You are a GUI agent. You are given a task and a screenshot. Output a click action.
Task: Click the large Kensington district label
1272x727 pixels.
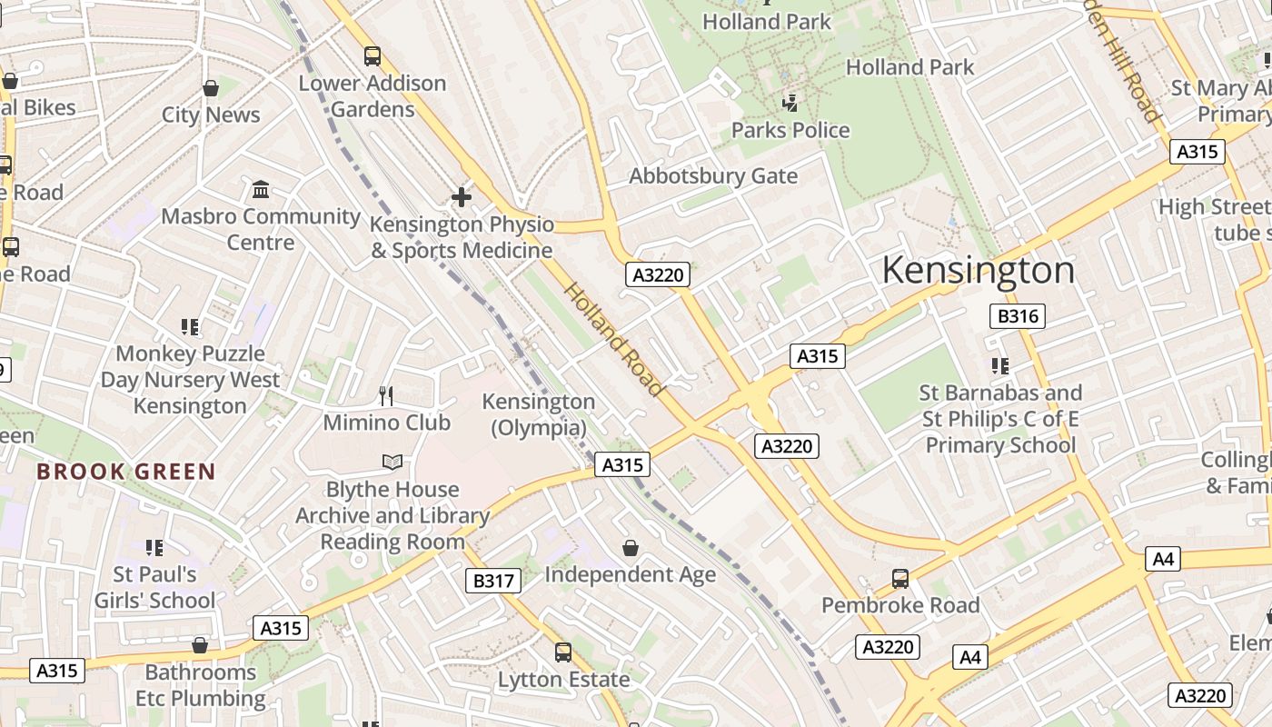[x=978, y=271]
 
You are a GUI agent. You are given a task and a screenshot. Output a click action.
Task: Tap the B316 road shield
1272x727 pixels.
[x=1017, y=316]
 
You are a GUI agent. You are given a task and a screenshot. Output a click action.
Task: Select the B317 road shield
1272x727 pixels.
[x=493, y=581]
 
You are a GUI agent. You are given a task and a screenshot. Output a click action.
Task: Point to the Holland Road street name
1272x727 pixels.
[x=613, y=339]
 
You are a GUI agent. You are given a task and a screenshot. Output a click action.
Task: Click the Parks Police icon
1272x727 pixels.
[x=790, y=104]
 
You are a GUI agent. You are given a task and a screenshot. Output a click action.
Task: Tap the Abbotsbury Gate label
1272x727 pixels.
[x=713, y=175]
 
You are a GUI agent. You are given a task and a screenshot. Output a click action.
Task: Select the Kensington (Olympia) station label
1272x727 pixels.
[x=538, y=413]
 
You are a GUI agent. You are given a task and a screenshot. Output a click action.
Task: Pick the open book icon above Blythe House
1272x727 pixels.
[x=393, y=463]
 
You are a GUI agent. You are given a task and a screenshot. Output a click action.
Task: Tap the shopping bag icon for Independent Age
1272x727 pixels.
[x=631, y=548]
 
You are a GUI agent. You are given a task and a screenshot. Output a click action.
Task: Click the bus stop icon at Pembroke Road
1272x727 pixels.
[x=899, y=579]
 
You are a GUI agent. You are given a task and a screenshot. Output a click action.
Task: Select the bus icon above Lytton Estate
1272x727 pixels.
[x=563, y=652]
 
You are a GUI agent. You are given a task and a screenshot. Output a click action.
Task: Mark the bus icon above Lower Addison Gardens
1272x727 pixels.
[x=373, y=56]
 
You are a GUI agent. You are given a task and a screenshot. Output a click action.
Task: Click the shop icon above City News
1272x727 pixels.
[x=211, y=88]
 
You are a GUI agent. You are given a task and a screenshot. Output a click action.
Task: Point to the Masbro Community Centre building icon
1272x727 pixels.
[x=261, y=189]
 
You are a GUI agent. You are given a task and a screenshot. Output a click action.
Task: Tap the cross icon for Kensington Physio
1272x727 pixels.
[x=462, y=196]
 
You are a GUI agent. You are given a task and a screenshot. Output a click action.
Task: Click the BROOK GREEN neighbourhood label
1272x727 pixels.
[x=126, y=472]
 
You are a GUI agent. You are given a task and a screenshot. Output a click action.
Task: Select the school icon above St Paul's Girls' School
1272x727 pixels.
[x=154, y=548]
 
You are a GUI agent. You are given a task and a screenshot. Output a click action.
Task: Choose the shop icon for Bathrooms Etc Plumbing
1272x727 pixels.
[x=200, y=645]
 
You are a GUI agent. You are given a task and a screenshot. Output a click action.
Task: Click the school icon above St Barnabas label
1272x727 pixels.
[x=1000, y=366]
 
